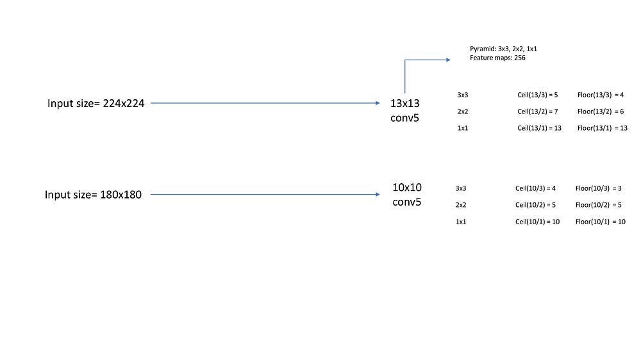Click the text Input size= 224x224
(x=96, y=103)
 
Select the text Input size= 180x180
(x=93, y=195)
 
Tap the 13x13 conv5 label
(x=404, y=110)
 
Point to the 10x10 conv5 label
(x=407, y=195)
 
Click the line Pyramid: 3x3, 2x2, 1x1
(x=503, y=49)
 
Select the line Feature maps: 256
(x=497, y=58)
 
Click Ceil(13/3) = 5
(x=538, y=95)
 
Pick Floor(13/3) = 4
(x=601, y=95)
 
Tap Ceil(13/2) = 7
(x=538, y=111)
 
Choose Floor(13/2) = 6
(x=601, y=111)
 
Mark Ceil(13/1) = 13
(x=539, y=128)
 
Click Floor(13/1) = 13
(x=602, y=128)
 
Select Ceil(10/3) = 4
(x=535, y=188)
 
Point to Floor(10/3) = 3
(x=599, y=188)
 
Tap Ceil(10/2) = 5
(x=535, y=205)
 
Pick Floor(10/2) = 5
(x=599, y=205)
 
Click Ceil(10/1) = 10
(x=537, y=222)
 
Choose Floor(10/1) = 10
(x=601, y=222)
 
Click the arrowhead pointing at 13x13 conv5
(x=378, y=103)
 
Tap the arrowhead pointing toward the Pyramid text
(x=449, y=60)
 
